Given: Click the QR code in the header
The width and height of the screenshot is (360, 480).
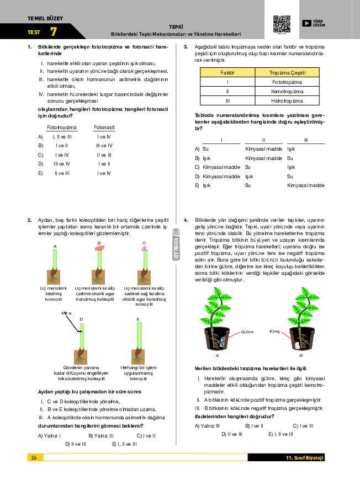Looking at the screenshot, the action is click(x=282, y=24).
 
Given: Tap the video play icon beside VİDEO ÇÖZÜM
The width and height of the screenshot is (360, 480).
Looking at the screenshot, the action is click(x=306, y=23).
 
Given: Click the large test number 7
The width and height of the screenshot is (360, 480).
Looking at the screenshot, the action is click(x=54, y=31).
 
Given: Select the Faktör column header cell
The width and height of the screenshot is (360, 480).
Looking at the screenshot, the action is click(x=227, y=72).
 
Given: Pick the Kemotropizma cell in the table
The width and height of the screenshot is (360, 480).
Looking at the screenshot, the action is click(x=287, y=91).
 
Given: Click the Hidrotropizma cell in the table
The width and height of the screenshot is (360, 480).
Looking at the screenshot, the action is click(x=287, y=101).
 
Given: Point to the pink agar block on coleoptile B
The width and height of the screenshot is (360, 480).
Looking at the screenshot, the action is click(x=99, y=248).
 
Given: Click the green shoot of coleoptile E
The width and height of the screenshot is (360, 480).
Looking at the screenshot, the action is click(x=139, y=334).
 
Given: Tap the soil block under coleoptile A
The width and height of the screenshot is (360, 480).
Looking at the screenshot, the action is click(x=54, y=277).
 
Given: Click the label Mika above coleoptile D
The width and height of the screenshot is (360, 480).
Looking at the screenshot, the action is click(x=66, y=313).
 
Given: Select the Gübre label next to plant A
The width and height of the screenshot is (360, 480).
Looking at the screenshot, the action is click(x=247, y=332).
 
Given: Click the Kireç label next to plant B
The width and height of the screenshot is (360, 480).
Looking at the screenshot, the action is click(x=275, y=331).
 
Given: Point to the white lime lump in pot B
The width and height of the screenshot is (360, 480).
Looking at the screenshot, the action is click(x=296, y=345).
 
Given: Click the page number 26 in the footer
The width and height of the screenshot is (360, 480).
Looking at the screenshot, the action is click(x=34, y=457).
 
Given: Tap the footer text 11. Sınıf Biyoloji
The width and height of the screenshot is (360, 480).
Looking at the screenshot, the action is click(x=305, y=457).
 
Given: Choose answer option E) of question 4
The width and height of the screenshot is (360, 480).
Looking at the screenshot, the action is click(x=280, y=434).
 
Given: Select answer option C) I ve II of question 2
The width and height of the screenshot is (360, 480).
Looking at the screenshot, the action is click(x=146, y=436).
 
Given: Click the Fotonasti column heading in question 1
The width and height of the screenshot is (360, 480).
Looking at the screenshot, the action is click(x=104, y=127).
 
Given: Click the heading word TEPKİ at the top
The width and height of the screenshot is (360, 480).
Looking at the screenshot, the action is click(x=176, y=27).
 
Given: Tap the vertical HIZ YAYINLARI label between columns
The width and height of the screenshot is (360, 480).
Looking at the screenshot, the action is click(x=176, y=244).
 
